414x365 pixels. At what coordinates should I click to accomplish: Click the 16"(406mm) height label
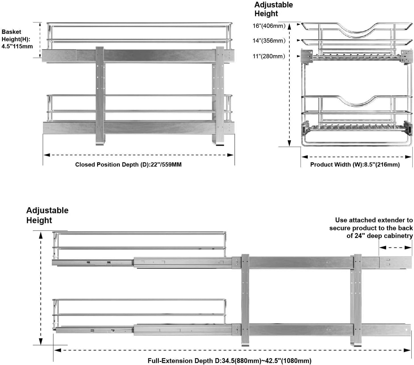[269, 26]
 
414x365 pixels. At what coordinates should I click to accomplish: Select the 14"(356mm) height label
[269, 41]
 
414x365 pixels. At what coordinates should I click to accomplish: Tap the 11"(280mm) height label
[269, 56]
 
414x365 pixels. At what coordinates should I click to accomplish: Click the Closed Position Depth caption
[128, 165]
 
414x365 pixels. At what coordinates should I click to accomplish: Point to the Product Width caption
[355, 165]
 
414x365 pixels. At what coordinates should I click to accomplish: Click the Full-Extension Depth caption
[229, 361]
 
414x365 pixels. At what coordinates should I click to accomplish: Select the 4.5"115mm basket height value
[17, 46]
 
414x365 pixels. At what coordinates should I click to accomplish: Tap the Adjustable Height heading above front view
[274, 9]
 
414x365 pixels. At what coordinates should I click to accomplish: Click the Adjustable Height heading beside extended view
[47, 215]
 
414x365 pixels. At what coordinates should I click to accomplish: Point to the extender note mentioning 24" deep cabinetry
[371, 228]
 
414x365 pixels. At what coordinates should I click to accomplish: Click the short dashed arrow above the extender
[395, 248]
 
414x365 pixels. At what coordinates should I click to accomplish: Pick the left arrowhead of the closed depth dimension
[47, 155]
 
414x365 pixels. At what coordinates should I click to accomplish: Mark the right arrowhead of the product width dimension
[408, 157]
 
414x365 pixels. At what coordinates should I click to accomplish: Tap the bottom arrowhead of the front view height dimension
[289, 143]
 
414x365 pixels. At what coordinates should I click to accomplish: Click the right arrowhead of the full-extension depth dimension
[407, 350]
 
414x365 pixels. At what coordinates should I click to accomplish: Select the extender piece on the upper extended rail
[395, 263]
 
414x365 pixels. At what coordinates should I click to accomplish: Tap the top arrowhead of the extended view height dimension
[41, 235]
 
